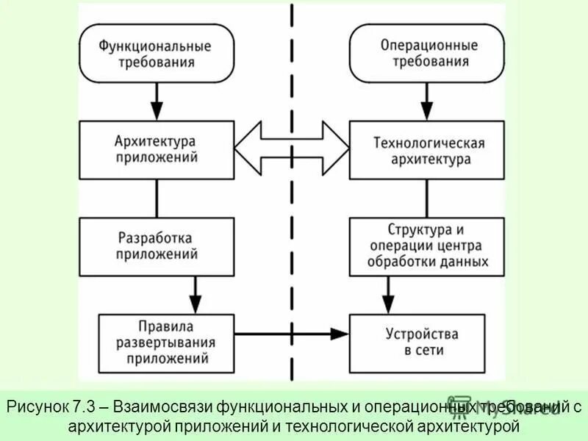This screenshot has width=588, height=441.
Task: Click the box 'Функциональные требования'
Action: point(155,54)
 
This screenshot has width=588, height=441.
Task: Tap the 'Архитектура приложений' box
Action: point(155,149)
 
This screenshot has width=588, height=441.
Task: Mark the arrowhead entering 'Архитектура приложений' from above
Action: point(155,111)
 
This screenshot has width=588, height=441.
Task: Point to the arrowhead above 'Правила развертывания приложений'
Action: point(195,304)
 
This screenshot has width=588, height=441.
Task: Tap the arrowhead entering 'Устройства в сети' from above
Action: point(388,304)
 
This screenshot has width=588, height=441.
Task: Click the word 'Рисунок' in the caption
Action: point(37,406)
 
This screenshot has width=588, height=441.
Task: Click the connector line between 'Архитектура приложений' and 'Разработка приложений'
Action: point(155,198)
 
